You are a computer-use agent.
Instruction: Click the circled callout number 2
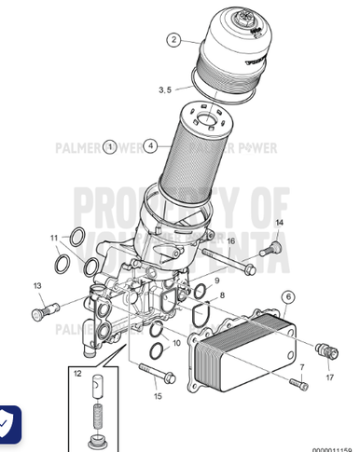[173, 39]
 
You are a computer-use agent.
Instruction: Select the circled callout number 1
[109, 146]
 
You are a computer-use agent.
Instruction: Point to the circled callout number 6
[288, 296]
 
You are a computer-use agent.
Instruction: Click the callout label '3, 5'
[165, 89]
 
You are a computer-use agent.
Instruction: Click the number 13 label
[38, 285]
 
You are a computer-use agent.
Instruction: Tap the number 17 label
[329, 378]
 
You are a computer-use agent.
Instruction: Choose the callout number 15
[158, 396]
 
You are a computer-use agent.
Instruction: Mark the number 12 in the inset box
[79, 374]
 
